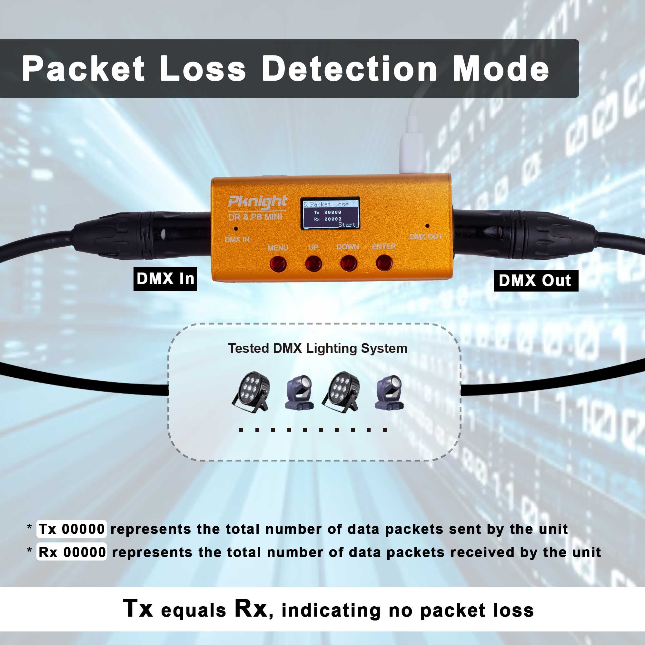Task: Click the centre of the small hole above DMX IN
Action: coord(236,229)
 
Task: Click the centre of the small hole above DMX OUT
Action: coord(427,226)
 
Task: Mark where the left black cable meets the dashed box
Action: coord(169,390)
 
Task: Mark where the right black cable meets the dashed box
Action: coord(461,390)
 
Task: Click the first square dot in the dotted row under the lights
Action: coord(241,430)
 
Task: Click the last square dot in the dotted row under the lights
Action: coord(385,430)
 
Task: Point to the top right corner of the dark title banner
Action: coord(579,40)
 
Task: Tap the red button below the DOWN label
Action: coord(349,263)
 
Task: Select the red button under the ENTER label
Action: coord(384,263)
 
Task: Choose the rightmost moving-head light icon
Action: coord(389,392)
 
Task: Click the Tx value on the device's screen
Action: coord(333,212)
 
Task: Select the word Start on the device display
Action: coord(347,225)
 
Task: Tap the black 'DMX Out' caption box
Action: coord(536,281)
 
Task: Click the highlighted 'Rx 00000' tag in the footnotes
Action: coord(72,552)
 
